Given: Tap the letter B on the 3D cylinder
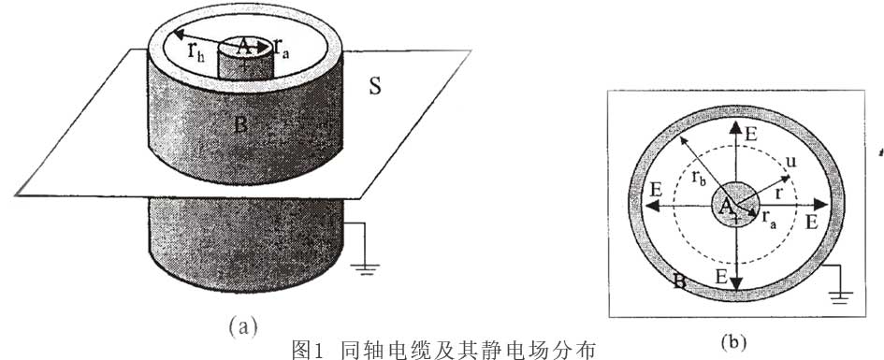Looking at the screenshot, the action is pyautogui.click(x=240, y=124).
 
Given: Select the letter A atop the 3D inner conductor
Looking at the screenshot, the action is pyautogui.click(x=244, y=48).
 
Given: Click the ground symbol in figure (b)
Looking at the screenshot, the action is pyautogui.click(x=842, y=296).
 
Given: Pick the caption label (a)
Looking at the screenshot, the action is pyautogui.click(x=243, y=326).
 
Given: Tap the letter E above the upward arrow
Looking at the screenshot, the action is pyautogui.click(x=751, y=133).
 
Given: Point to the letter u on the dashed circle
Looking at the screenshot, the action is pyautogui.click(x=790, y=163).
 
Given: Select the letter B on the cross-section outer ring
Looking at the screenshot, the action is pyautogui.click(x=680, y=281).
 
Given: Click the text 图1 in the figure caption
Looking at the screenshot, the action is pyautogui.click(x=308, y=351).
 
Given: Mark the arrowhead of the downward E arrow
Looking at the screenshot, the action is pyautogui.click(x=736, y=285).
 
